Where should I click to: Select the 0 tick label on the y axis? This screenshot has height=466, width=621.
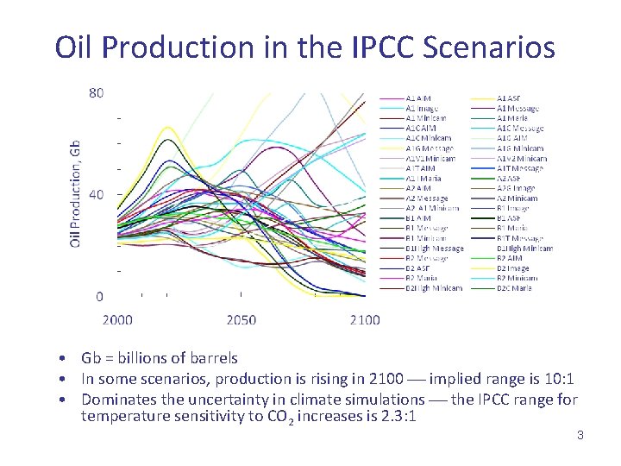[99, 297]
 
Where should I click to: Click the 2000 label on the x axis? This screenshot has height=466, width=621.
[118, 320]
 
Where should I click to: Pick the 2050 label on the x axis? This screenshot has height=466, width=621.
[241, 320]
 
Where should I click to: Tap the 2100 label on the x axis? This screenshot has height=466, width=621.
[365, 320]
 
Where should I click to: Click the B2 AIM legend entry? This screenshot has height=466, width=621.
[509, 258]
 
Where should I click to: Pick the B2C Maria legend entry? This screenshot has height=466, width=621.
[514, 288]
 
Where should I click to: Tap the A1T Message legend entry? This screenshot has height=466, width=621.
[520, 168]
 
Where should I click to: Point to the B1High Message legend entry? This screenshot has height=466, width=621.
[434, 249]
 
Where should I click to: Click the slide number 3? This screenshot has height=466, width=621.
[580, 436]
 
